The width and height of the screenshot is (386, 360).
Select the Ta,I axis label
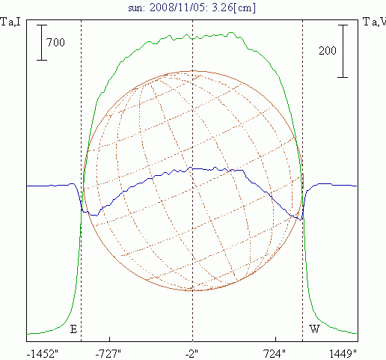[10, 22]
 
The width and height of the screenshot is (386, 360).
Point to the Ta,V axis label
[375, 22]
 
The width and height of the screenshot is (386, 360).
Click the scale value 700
[55, 43]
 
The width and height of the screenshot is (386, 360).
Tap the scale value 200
[328, 51]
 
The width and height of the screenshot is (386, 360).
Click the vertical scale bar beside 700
[42, 43]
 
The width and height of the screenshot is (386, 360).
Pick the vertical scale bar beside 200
[343, 51]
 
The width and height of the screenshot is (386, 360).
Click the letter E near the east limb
[73, 329]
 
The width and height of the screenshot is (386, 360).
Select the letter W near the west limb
[314, 329]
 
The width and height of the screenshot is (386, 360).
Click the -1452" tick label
[43, 354]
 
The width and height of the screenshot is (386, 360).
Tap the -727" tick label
[108, 354]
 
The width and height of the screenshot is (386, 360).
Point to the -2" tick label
[192, 354]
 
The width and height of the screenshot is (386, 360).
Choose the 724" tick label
[275, 354]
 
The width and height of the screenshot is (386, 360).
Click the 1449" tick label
[343, 354]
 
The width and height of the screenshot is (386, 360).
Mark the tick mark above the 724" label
[275, 339]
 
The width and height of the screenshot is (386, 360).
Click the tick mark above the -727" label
[109, 339]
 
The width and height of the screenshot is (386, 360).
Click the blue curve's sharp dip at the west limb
[301, 220]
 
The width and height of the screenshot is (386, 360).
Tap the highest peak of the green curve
[231, 32]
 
